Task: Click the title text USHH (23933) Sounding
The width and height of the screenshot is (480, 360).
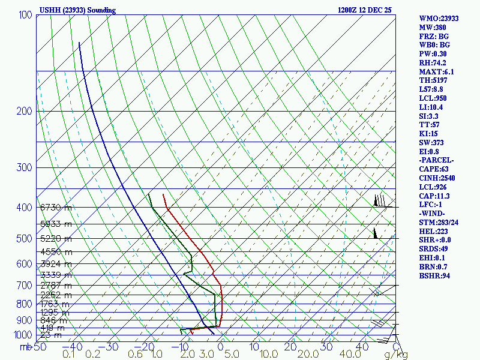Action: (77, 10)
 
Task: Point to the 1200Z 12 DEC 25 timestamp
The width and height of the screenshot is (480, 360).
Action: (364, 10)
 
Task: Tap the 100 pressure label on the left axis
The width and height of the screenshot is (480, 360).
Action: (25, 15)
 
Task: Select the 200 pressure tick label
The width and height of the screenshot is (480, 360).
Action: (25, 112)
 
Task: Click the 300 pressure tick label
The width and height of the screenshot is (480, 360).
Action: (25, 167)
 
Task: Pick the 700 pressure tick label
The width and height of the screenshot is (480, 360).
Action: (25, 286)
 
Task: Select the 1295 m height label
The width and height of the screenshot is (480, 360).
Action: (56, 313)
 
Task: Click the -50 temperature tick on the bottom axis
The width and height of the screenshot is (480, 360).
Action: (39, 347)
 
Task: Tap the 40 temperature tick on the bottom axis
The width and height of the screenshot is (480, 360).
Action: (361, 347)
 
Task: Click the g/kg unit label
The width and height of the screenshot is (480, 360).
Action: (396, 355)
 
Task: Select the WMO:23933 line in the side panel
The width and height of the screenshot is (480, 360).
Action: (439, 19)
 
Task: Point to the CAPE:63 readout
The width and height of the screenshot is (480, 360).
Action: (434, 169)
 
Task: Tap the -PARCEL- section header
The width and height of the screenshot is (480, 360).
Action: (436, 160)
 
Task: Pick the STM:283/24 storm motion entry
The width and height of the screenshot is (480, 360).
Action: (440, 223)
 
